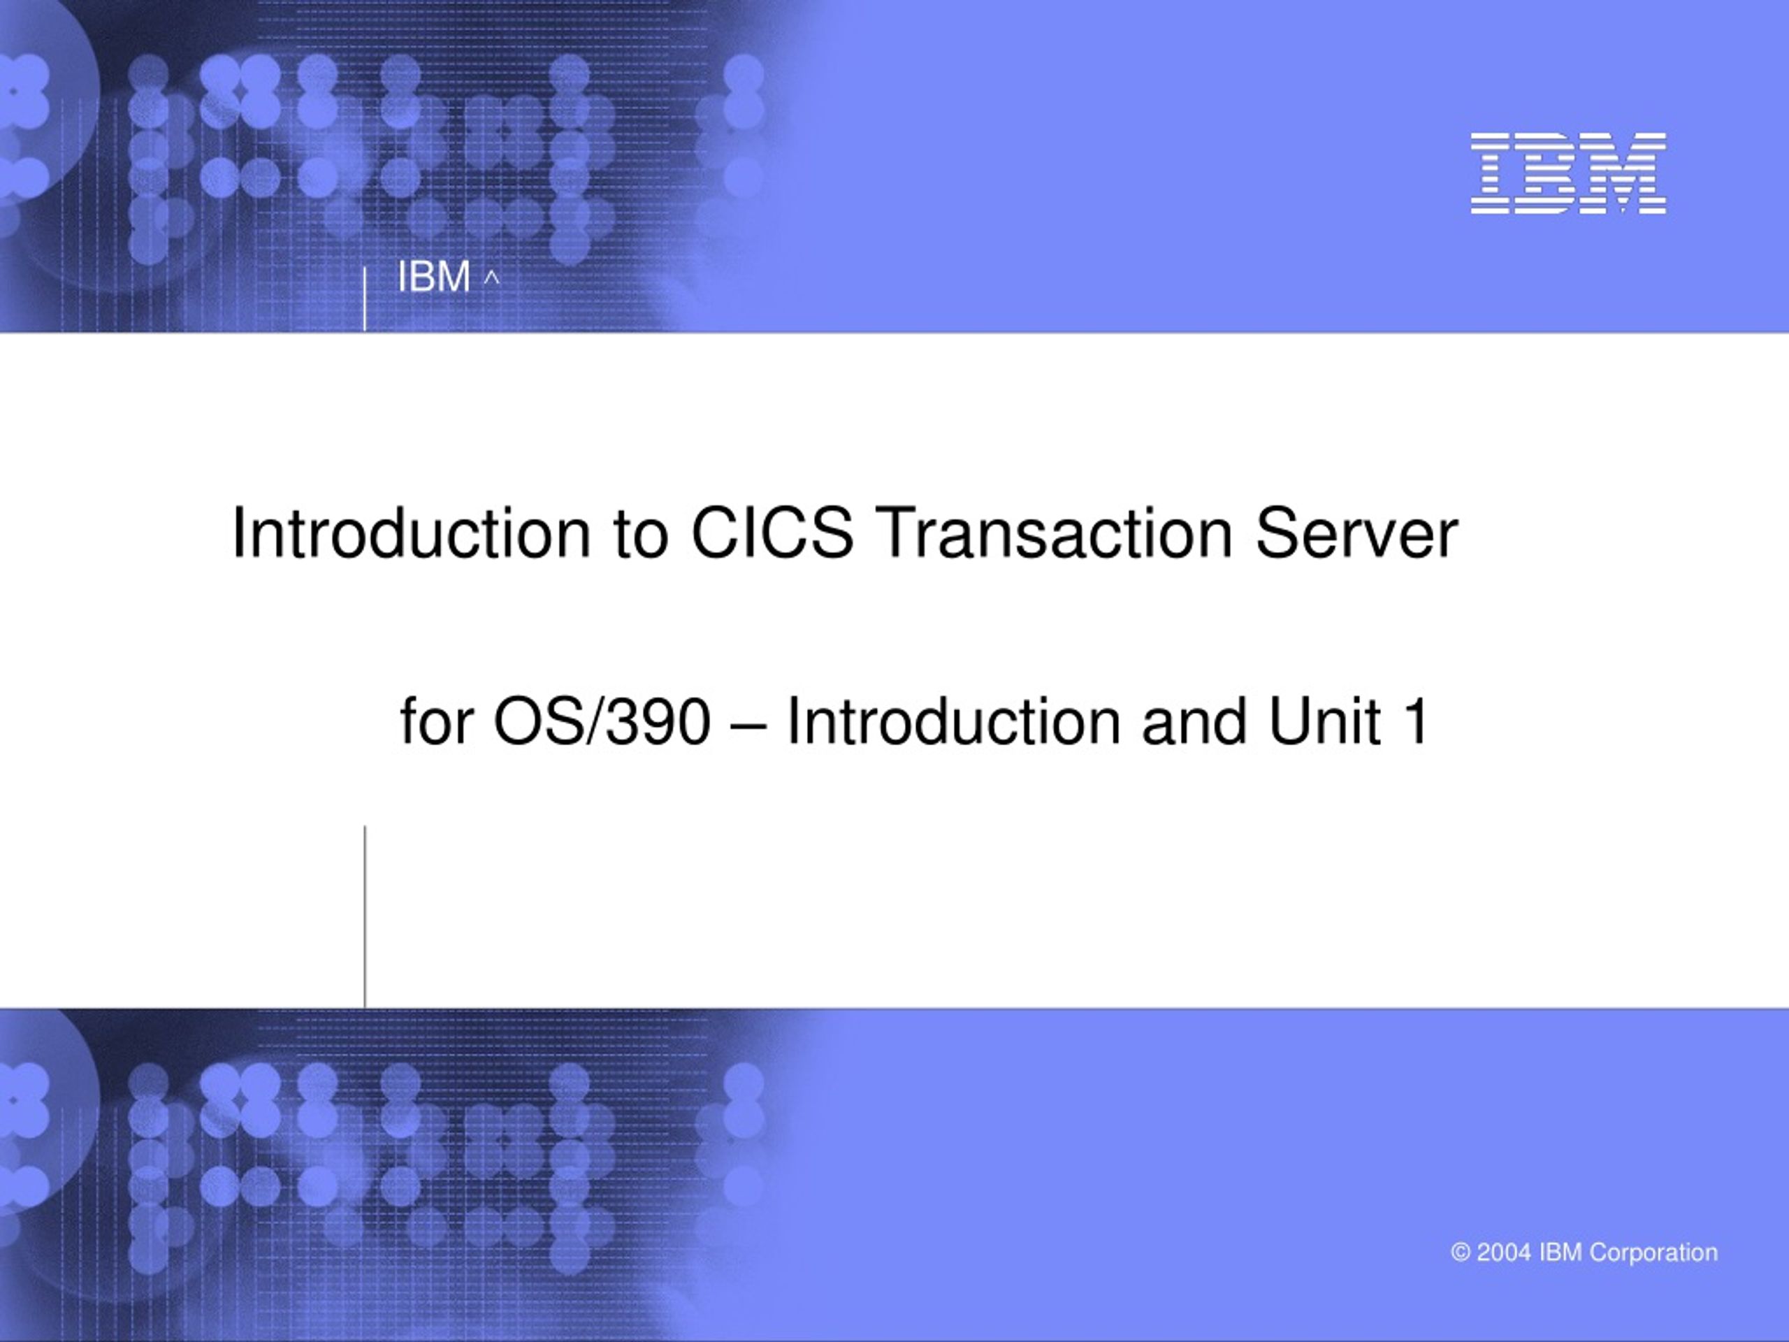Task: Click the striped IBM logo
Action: tap(1568, 173)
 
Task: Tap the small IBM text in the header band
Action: tap(433, 277)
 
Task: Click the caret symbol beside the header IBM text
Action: tap(492, 279)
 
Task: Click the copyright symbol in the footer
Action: tap(1461, 1253)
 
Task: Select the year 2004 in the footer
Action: tap(1505, 1253)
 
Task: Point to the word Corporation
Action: tap(1653, 1253)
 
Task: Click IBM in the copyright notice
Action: tap(1560, 1253)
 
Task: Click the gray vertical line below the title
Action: tap(365, 916)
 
